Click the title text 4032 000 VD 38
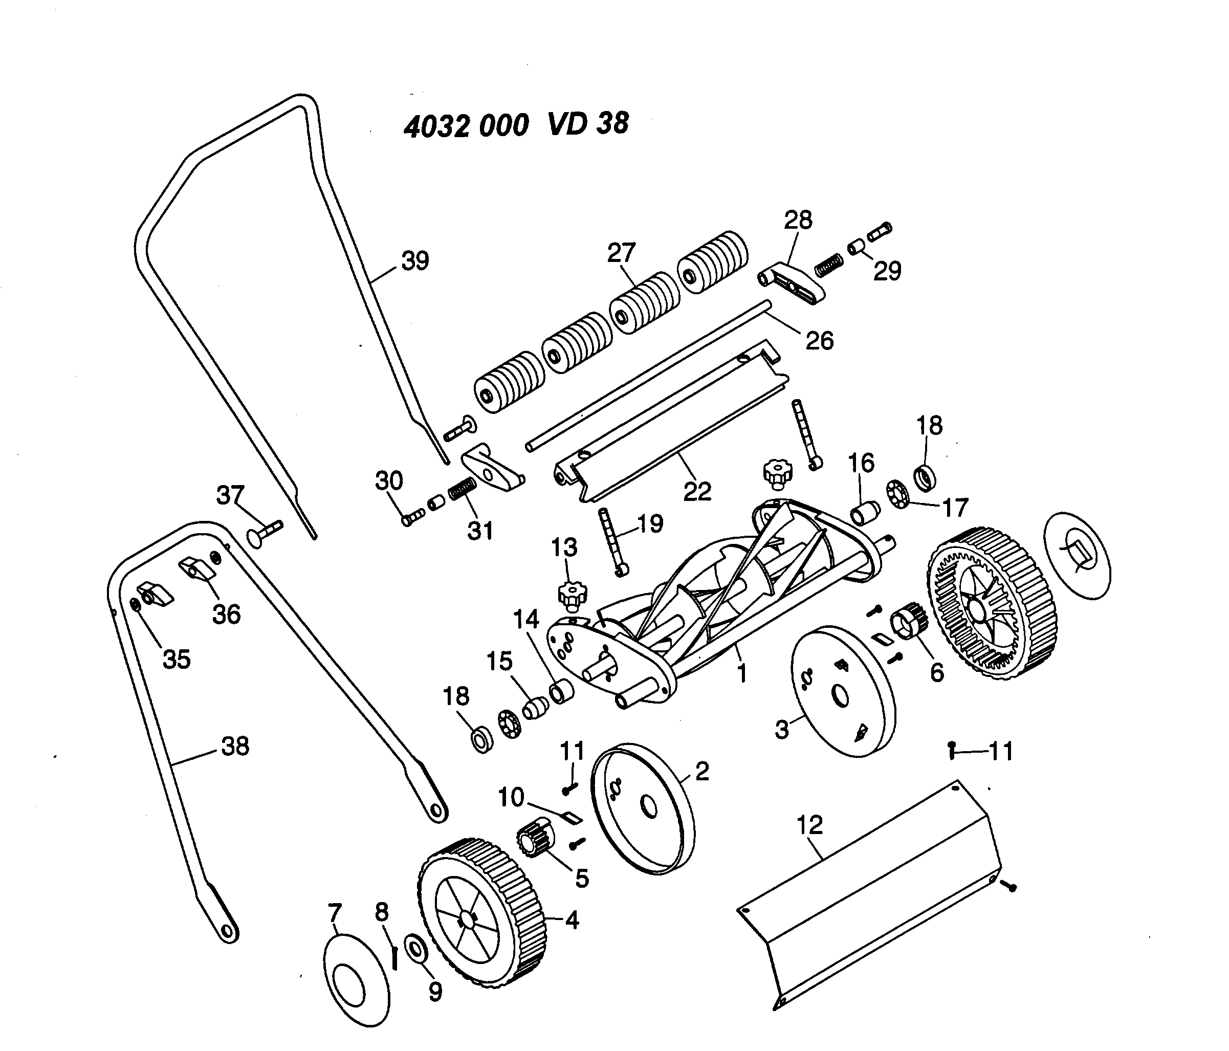tap(516, 124)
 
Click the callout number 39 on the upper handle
tap(414, 261)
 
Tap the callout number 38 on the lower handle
tap(235, 746)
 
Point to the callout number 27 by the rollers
tap(621, 253)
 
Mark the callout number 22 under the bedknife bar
tap(696, 491)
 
